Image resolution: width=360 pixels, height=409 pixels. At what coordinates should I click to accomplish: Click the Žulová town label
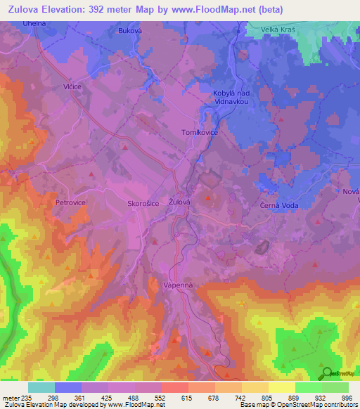pyautogui.click(x=180, y=202)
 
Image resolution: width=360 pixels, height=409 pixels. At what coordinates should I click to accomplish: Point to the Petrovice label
pyautogui.click(x=70, y=202)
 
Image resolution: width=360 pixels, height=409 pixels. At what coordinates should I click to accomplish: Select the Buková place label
pyautogui.click(x=130, y=31)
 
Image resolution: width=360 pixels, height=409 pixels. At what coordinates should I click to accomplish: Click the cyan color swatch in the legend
pyautogui.click(x=41, y=387)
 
